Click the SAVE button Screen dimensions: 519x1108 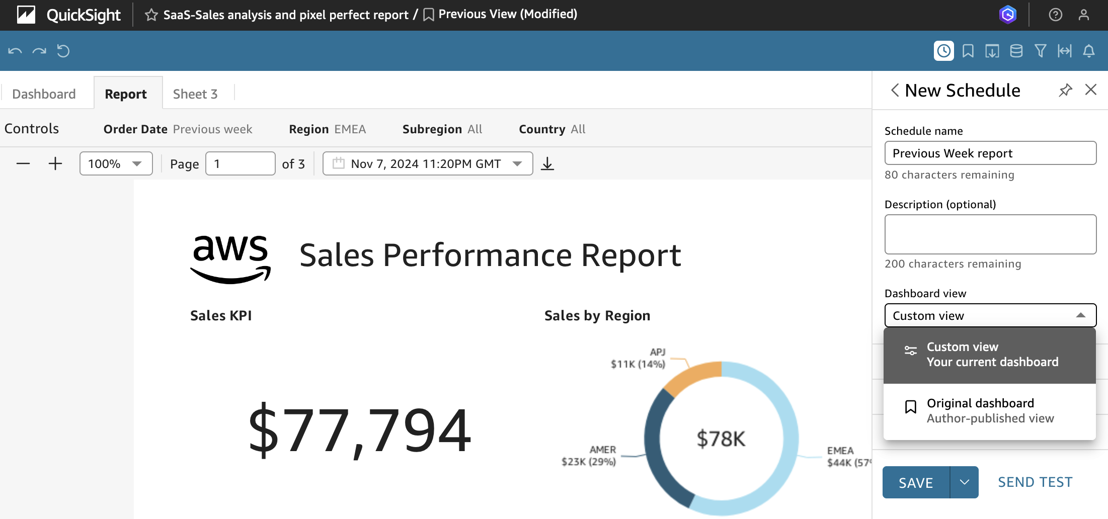pos(916,482)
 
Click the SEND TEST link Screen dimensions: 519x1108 pos(1035,482)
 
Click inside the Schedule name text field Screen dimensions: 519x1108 pos(990,153)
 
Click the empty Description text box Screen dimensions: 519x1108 pos(990,234)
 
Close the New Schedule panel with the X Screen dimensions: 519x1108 pos(1091,90)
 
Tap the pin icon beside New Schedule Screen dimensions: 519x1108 pos(1065,91)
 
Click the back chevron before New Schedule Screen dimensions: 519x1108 pos(895,91)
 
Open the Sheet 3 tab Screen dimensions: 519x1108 pos(195,94)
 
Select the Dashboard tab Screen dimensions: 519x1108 pos(44,94)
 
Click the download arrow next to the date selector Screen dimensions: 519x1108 pos(547,164)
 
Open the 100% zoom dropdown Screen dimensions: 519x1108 pos(116,164)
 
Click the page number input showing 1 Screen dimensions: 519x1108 pos(240,164)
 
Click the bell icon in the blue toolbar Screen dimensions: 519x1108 pos(1089,51)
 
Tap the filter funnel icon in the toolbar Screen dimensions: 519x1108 pos(1041,51)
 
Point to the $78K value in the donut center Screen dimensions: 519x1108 pos(721,439)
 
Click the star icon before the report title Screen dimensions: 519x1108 pos(151,15)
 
